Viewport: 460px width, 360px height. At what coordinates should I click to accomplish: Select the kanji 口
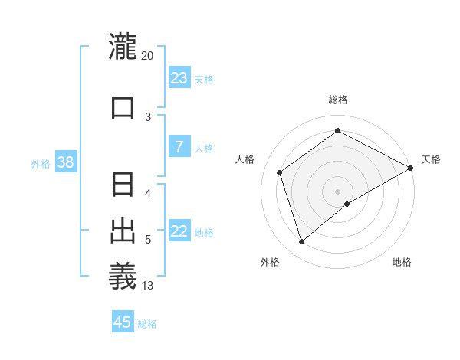point(123,107)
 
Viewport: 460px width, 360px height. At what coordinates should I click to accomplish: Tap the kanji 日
point(123,186)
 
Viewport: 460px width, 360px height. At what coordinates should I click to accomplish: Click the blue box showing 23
point(179,78)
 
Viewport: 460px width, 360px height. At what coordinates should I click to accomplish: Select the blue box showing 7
point(179,147)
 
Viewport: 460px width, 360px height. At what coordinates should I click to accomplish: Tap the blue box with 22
point(179,231)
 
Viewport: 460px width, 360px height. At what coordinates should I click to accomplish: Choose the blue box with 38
point(66,162)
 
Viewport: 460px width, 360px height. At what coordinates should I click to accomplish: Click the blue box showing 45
point(123,322)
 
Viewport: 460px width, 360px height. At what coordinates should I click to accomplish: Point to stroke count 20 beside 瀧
point(147,56)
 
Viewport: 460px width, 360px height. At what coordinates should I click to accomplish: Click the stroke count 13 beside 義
point(147,286)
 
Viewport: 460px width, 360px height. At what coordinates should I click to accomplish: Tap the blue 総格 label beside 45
point(147,324)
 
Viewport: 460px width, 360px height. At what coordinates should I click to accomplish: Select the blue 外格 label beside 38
point(41,163)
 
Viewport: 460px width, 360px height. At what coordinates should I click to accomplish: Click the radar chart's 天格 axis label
point(431,159)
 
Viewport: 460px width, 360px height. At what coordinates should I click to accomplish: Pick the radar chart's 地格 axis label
point(402,262)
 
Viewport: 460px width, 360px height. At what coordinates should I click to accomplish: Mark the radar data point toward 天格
point(411,168)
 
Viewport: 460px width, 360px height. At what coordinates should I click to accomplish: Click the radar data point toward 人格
point(280,172)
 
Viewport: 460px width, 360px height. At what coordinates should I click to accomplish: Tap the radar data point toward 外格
point(301,242)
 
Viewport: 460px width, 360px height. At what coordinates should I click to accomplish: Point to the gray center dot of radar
point(337,191)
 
